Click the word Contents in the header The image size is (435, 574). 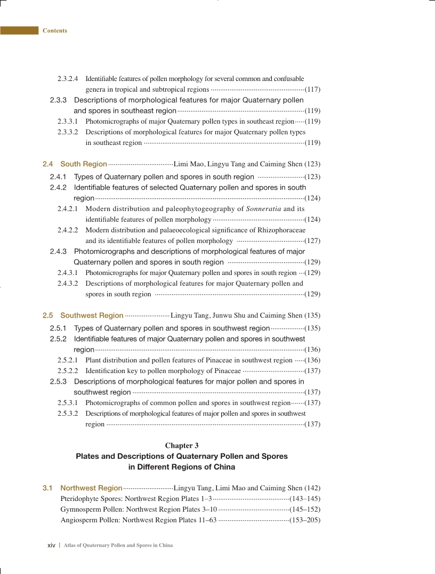[55, 30]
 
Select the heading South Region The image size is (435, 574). [84, 164]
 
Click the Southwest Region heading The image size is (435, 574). [92, 315]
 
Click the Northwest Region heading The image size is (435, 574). [91, 488]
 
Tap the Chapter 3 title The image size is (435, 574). [182, 445]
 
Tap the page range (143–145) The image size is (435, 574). [304, 498]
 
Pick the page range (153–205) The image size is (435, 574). [304, 520]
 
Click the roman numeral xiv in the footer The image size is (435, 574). [52, 545]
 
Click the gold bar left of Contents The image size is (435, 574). [20, 30]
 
